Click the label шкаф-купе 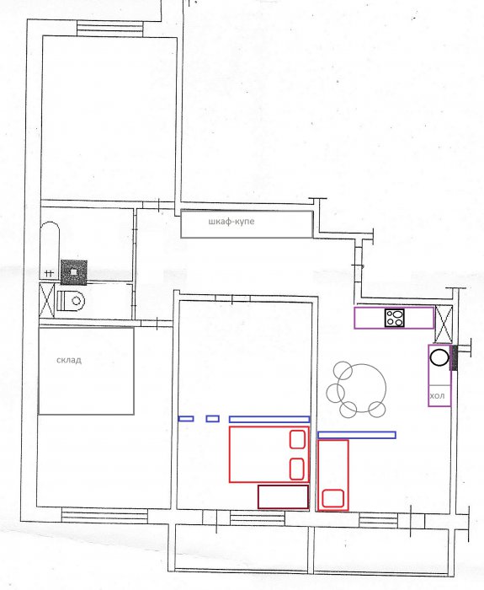click(x=231, y=221)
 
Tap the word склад click(x=69, y=360)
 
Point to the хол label click(x=437, y=396)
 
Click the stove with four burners click(x=395, y=318)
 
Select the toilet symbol click(x=71, y=300)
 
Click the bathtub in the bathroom click(x=50, y=250)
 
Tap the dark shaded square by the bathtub click(x=74, y=272)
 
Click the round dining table click(x=361, y=388)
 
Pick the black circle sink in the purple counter click(x=439, y=357)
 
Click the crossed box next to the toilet click(x=47, y=301)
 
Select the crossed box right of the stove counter click(x=444, y=324)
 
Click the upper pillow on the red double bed click(x=297, y=439)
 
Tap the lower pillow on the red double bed click(x=297, y=469)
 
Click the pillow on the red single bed click(x=333, y=498)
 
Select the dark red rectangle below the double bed click(x=284, y=496)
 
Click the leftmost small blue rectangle click(x=186, y=418)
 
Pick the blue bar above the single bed click(x=357, y=435)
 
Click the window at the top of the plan click(x=110, y=29)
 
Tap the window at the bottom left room click(x=104, y=516)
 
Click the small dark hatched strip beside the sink click(x=454, y=358)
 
